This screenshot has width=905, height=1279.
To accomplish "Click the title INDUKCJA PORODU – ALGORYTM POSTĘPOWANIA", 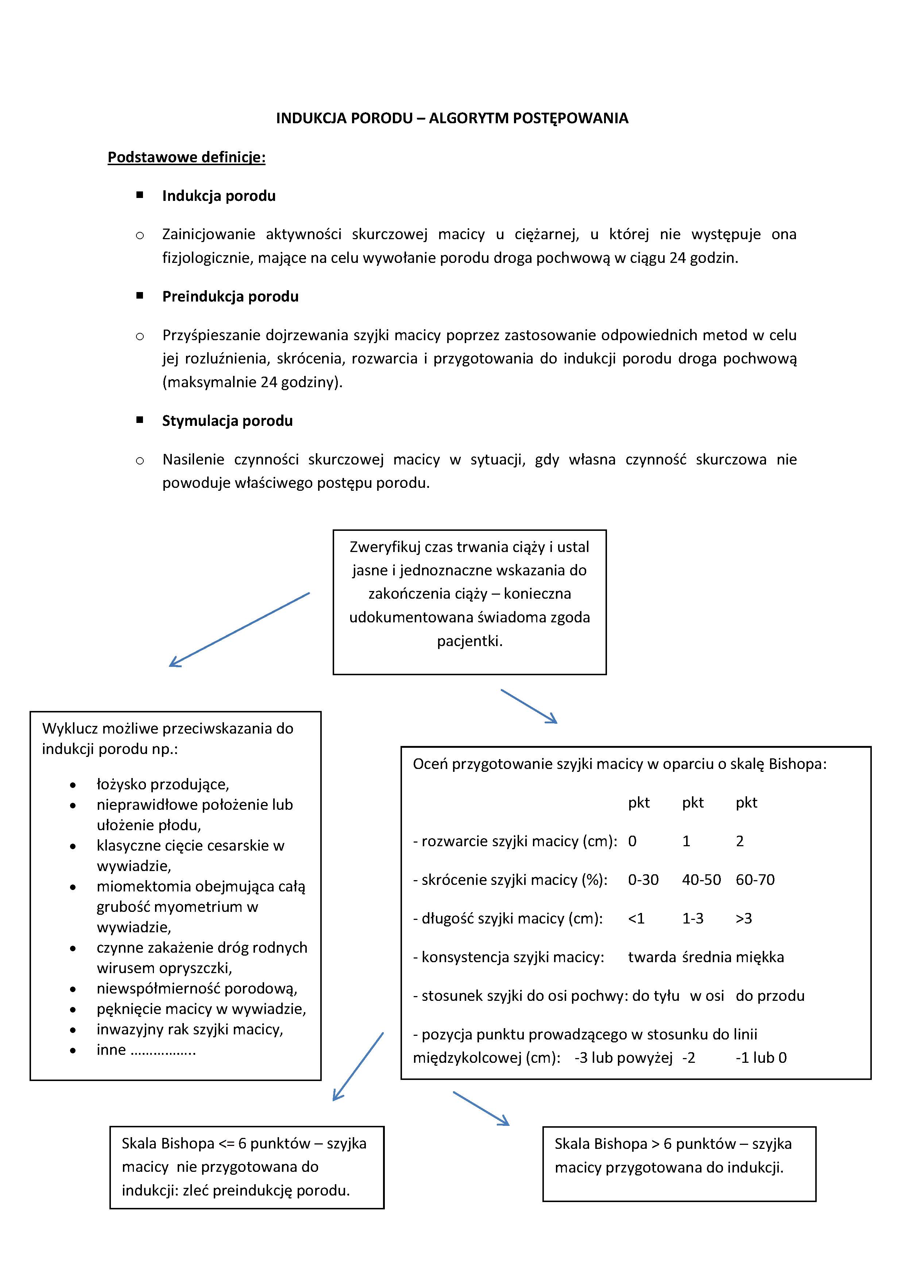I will pos(452,118).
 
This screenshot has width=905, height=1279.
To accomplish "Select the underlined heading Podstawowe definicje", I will pos(186,158).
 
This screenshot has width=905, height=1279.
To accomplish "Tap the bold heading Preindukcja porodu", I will pos(230,296).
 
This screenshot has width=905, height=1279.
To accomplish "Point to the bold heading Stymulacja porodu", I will pos(227,421).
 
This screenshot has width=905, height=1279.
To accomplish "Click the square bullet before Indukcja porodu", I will pos(140,195).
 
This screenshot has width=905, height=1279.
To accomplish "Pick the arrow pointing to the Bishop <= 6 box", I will pos(358,1067).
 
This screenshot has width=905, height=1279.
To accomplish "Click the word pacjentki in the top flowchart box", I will pos(469,641).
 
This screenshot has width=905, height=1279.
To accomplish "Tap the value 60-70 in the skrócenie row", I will pos(755,880).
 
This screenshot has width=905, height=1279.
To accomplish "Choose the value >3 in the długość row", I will pos(744,918).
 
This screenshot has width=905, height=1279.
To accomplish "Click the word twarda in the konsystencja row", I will pos(651,957).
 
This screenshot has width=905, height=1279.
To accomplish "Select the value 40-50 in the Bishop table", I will pos(701,880).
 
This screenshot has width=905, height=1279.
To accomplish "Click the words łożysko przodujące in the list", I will pos(163,784).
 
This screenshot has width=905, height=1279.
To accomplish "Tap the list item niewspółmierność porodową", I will pos(197,988).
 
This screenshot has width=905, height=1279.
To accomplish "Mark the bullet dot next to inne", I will pos(73,1050).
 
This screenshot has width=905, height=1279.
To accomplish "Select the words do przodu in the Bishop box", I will pos(770,995).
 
